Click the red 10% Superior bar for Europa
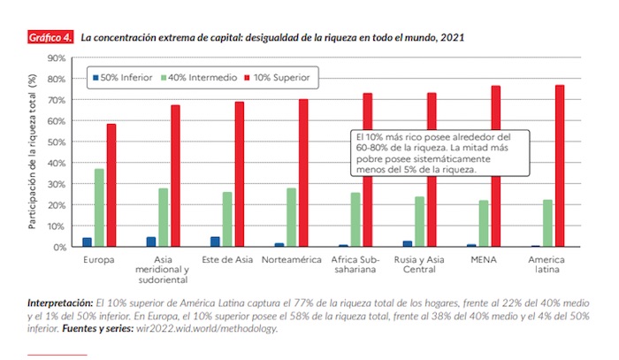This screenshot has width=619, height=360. [x=111, y=185]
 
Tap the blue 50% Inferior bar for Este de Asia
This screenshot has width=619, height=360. [x=215, y=241]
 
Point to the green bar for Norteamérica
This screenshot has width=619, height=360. [x=292, y=217]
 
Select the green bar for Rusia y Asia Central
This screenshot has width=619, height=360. [x=419, y=221]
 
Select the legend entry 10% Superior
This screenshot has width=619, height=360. [x=278, y=78]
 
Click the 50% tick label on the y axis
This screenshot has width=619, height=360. [x=57, y=142]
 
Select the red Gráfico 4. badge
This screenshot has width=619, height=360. [x=50, y=38]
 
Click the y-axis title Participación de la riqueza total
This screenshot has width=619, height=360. [x=33, y=152]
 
